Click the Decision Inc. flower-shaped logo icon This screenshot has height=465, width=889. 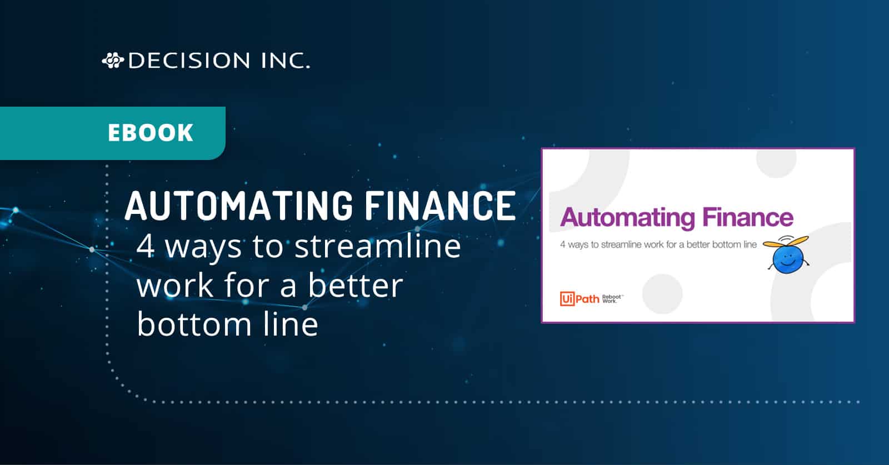click(x=112, y=60)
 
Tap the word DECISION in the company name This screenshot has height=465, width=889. click(x=189, y=61)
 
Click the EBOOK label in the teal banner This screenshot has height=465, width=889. click(x=151, y=133)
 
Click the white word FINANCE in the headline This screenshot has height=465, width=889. click(x=439, y=206)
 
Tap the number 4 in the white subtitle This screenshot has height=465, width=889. click(x=146, y=246)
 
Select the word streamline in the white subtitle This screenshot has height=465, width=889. click(x=377, y=246)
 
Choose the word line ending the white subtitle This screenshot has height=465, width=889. click(x=291, y=324)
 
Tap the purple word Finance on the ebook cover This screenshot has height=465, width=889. click(x=748, y=217)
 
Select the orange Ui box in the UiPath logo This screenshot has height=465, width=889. click(x=567, y=299)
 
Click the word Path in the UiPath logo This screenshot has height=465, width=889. click(x=587, y=299)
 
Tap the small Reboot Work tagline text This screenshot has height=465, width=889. click(x=612, y=299)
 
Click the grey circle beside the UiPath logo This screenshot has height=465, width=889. click(x=662, y=294)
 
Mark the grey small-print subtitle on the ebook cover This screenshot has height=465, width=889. click(x=658, y=244)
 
